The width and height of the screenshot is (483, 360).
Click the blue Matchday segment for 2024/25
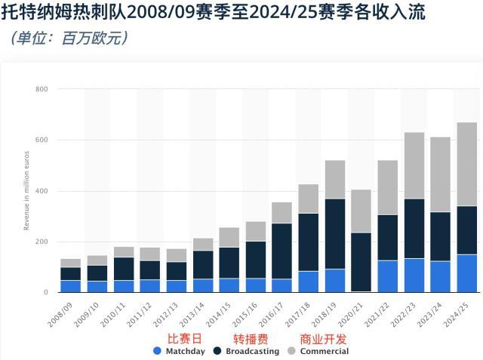(x=467, y=273)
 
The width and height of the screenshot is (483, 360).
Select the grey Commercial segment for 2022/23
(x=414, y=165)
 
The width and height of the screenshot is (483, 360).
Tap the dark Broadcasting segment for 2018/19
(x=335, y=233)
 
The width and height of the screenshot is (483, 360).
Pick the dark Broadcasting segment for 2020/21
(x=361, y=261)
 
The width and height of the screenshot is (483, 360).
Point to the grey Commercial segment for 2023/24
(x=441, y=174)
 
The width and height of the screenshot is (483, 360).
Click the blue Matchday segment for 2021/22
(x=388, y=276)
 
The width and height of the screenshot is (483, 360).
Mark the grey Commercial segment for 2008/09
(x=71, y=263)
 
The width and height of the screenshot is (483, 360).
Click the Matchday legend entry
(x=179, y=351)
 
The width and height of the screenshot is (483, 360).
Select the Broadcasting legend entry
(x=249, y=351)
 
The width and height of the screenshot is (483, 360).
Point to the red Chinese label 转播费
(x=251, y=339)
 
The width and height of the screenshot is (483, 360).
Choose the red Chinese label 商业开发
(x=324, y=339)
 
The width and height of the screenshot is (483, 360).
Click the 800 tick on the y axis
(x=42, y=90)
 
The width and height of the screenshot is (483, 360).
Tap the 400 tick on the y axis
(x=42, y=191)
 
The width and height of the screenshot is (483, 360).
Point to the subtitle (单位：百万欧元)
(x=69, y=37)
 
